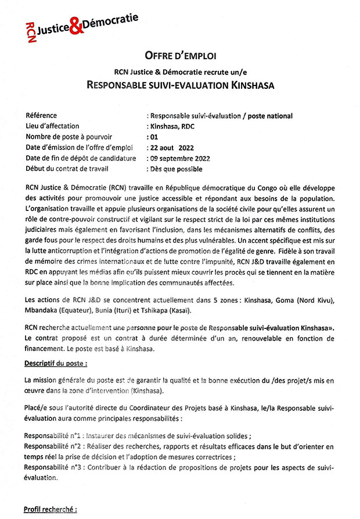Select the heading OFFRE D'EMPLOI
tap(180, 56)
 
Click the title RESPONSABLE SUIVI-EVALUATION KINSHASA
tap(180, 85)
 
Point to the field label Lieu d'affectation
tap(52, 126)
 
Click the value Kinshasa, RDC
tap(171, 126)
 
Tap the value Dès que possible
tap(176, 169)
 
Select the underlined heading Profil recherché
tap(50, 510)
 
